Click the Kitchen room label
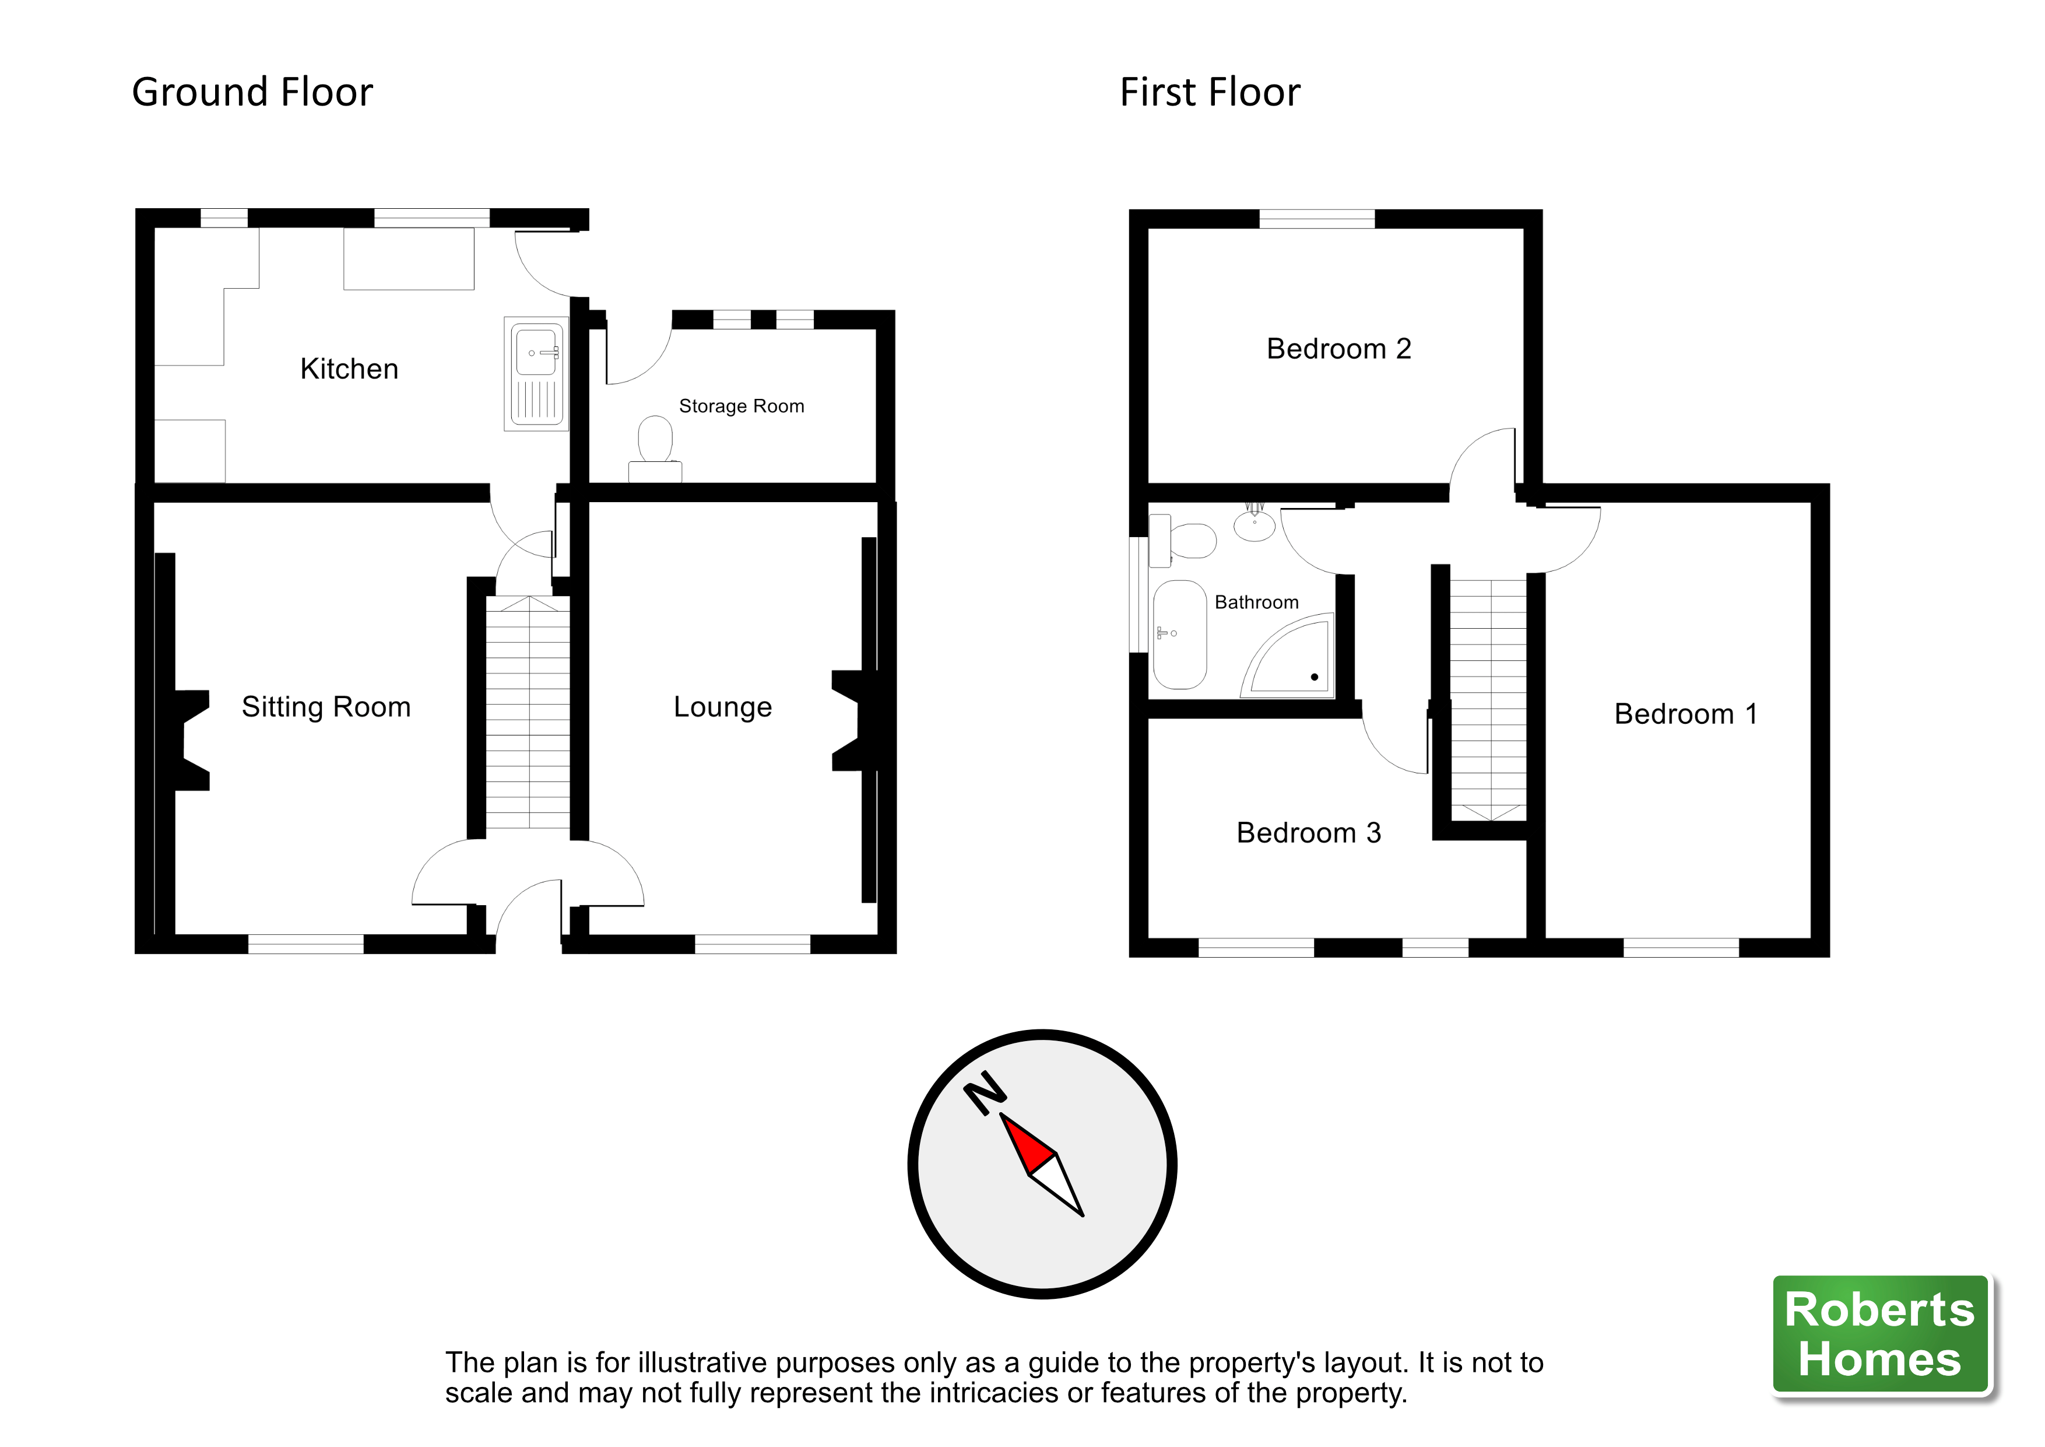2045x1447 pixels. point(349,369)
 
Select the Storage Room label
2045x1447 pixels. point(741,407)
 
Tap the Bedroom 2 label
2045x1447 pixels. point(1338,348)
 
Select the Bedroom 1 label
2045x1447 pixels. point(1686,714)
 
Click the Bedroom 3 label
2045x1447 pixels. point(1308,832)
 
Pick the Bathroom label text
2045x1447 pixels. point(1257,602)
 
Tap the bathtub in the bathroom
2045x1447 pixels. point(1179,635)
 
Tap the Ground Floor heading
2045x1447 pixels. point(252,93)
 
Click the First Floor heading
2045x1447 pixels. point(1210,93)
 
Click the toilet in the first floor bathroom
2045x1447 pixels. point(1183,541)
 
